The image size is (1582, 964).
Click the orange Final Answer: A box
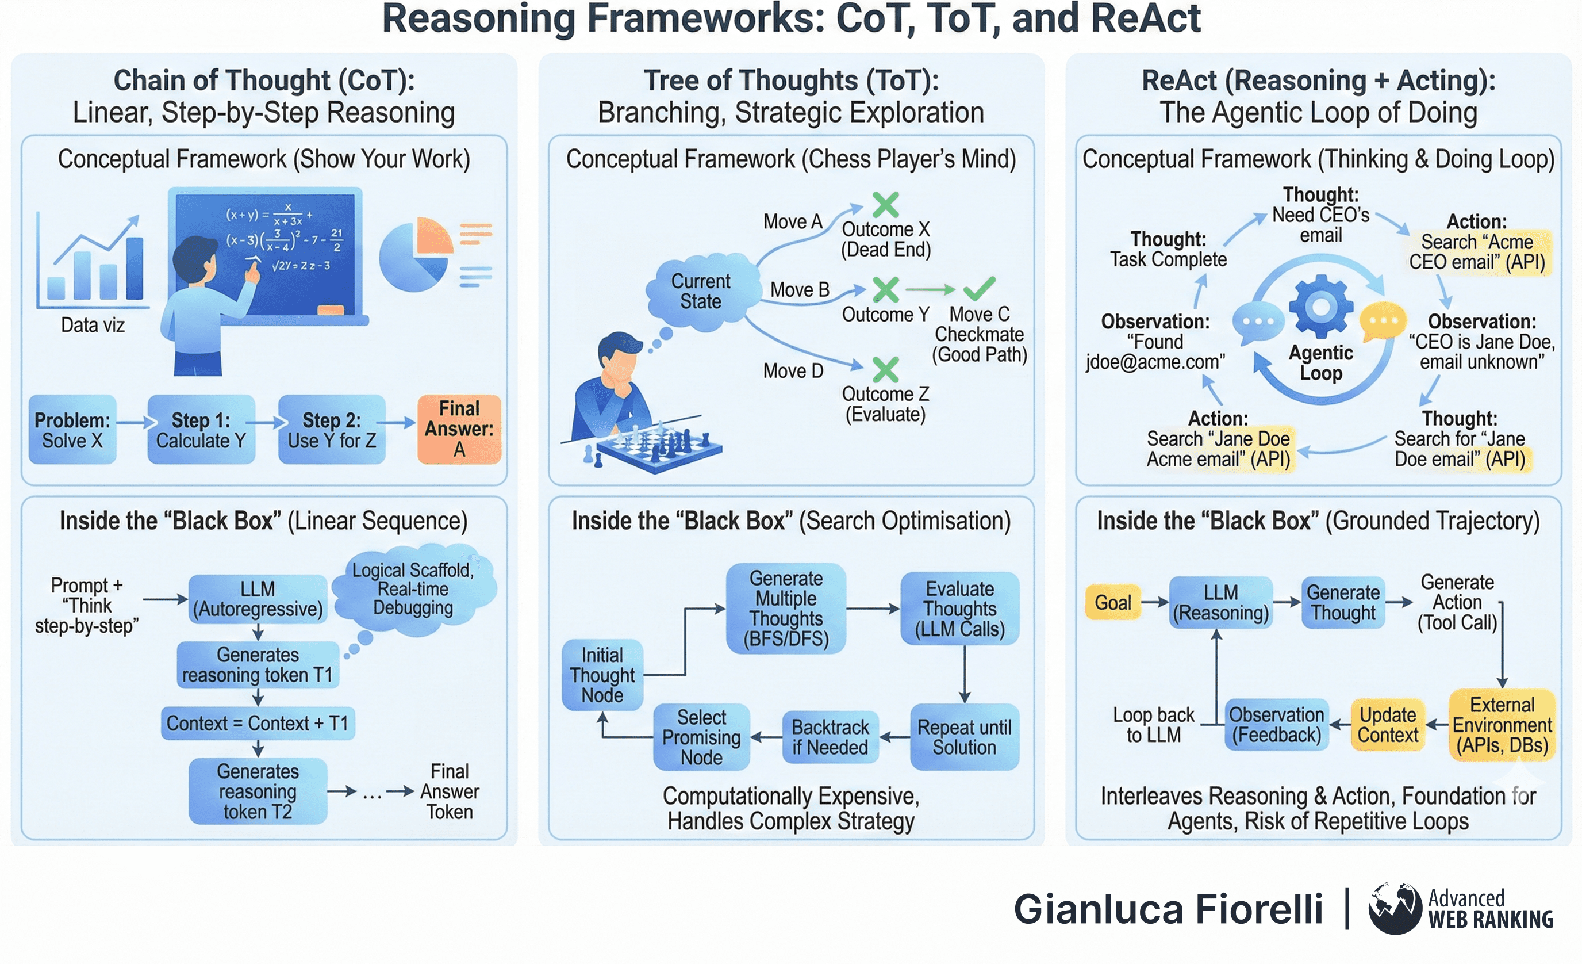click(x=459, y=429)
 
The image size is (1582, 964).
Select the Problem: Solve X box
click(x=72, y=430)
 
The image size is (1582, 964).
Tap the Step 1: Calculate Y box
click(x=201, y=430)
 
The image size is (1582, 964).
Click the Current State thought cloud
click(x=701, y=292)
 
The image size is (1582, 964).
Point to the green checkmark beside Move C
click(x=979, y=288)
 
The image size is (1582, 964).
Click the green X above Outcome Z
click(x=885, y=369)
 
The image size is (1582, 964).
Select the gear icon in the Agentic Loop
click(x=1320, y=307)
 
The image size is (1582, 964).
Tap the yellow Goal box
click(x=1113, y=602)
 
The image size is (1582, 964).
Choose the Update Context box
click(x=1388, y=725)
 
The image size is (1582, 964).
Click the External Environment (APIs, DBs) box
click(x=1502, y=725)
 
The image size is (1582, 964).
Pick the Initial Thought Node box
click(x=602, y=675)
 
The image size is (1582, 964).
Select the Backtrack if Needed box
click(x=830, y=737)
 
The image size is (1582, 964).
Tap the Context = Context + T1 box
click(x=258, y=723)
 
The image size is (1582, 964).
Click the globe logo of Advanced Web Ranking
click(x=1395, y=908)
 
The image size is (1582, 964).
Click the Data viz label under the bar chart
click(x=93, y=325)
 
